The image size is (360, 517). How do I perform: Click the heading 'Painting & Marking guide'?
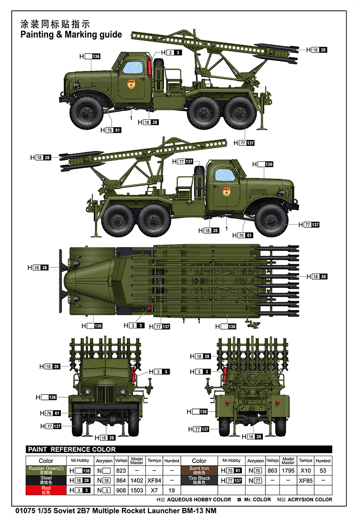(x=71, y=35)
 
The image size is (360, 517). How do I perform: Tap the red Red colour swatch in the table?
(x=46, y=490)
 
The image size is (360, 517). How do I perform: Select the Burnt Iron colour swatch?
(x=199, y=471)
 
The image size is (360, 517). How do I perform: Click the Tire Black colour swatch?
(x=199, y=481)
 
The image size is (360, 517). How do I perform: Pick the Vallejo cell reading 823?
(x=121, y=471)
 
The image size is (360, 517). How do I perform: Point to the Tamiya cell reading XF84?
(x=154, y=481)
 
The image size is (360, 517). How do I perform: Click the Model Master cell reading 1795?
(x=288, y=471)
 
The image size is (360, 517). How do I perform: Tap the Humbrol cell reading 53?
(x=323, y=471)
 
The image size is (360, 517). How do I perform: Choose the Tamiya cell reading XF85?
(x=306, y=481)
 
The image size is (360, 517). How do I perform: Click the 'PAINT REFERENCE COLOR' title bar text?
(x=72, y=449)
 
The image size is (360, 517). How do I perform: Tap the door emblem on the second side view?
(x=226, y=191)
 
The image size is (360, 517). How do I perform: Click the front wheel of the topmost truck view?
(x=87, y=113)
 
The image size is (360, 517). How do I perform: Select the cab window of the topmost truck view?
(x=133, y=67)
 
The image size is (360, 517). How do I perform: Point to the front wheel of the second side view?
(x=271, y=220)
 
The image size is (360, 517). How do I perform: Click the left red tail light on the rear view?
(x=227, y=402)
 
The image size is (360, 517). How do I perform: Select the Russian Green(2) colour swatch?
(x=46, y=471)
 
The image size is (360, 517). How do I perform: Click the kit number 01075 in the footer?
(x=25, y=511)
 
